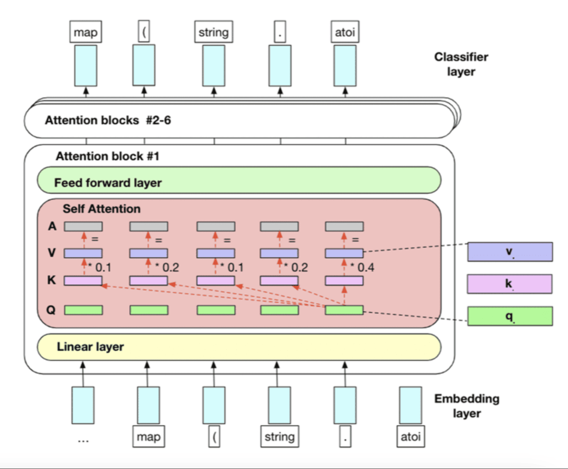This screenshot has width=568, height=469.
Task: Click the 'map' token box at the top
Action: (x=85, y=33)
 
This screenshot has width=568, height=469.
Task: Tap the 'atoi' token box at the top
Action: (x=344, y=33)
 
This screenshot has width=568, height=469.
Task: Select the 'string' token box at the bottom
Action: (x=279, y=436)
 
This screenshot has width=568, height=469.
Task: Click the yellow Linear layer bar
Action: (x=239, y=347)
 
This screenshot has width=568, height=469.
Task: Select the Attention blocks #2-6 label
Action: (x=108, y=120)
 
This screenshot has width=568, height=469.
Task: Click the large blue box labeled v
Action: (x=510, y=252)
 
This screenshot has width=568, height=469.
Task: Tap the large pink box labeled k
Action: (x=510, y=283)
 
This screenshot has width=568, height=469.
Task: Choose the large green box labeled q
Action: (x=510, y=315)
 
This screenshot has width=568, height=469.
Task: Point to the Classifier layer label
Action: (x=461, y=64)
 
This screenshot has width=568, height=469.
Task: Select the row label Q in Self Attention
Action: (x=51, y=310)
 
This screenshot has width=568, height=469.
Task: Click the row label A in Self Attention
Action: (x=52, y=226)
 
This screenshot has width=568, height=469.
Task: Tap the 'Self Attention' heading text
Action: (x=102, y=209)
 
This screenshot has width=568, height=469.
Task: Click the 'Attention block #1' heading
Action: (x=108, y=156)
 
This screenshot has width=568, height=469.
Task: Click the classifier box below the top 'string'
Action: (x=214, y=65)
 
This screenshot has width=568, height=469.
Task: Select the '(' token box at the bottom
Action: (x=214, y=437)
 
